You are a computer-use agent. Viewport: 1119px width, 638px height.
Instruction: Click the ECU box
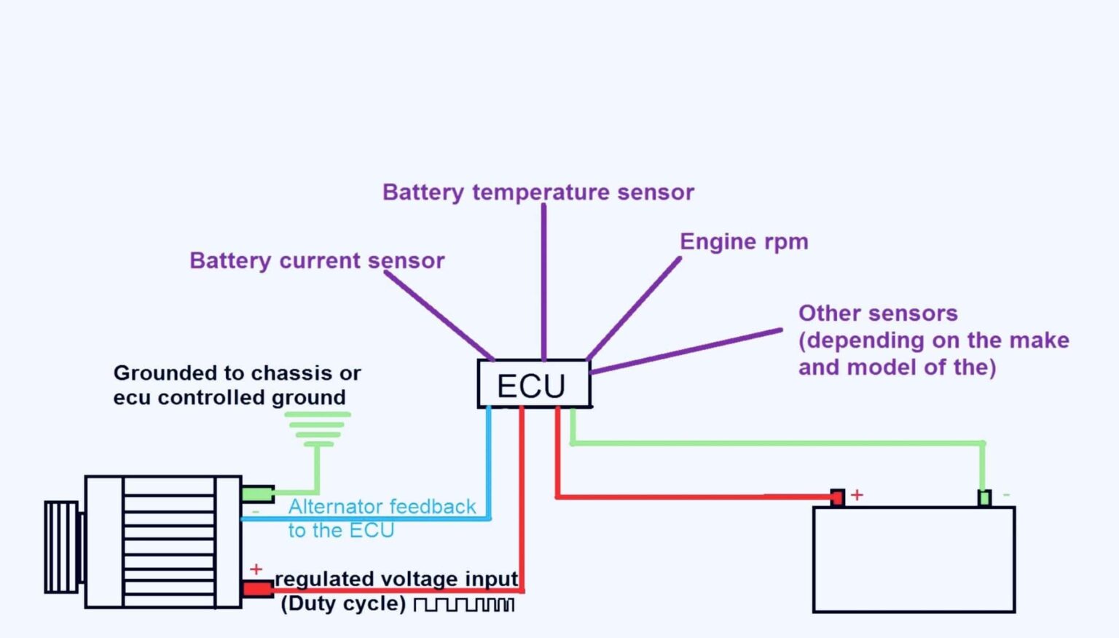(533, 384)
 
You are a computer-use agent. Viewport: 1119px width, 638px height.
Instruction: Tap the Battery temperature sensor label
(538, 192)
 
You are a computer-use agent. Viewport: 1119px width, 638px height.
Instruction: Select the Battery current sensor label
(316, 260)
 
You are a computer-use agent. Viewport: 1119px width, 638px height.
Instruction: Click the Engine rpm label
(743, 241)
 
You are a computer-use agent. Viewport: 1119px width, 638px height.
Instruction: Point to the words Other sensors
(877, 313)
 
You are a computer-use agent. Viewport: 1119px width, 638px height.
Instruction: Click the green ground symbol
(317, 429)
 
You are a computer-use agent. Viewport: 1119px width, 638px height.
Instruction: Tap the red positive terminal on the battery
(837, 498)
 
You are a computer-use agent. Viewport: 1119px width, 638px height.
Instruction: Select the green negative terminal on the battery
(983, 498)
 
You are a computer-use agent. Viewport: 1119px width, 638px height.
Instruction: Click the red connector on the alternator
(257, 588)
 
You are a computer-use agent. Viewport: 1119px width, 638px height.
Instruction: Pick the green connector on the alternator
(257, 494)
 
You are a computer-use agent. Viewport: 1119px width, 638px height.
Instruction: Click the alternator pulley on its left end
(62, 546)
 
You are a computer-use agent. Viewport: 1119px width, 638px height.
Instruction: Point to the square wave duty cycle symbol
(464, 604)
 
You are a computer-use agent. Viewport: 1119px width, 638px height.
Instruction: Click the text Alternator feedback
(381, 506)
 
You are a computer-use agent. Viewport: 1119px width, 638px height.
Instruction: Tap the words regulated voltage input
(396, 578)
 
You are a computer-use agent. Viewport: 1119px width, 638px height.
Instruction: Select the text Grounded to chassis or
(237, 373)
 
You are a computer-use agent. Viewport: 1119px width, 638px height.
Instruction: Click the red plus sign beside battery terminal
(857, 495)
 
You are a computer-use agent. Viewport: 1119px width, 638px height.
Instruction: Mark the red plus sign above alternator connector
(256, 569)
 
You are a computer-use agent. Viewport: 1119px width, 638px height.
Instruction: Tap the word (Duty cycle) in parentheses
(342, 604)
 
